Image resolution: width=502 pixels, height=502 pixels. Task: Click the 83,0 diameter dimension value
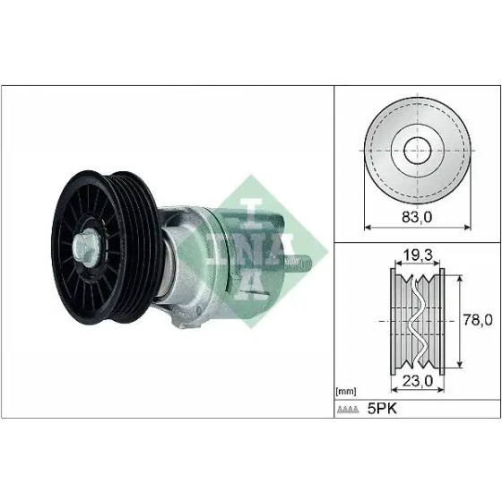[x=417, y=217]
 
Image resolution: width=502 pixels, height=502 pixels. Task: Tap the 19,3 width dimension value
[x=418, y=255]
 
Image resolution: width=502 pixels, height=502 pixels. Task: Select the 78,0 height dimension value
[x=478, y=320]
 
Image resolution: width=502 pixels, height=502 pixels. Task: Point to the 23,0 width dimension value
[x=418, y=381]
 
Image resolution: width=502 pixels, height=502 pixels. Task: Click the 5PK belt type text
[x=382, y=409]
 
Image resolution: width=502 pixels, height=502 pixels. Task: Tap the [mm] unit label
[x=346, y=391]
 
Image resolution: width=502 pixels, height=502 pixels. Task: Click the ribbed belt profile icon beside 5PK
[x=348, y=410]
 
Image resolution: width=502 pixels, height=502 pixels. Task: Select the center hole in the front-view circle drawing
[x=418, y=151]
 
